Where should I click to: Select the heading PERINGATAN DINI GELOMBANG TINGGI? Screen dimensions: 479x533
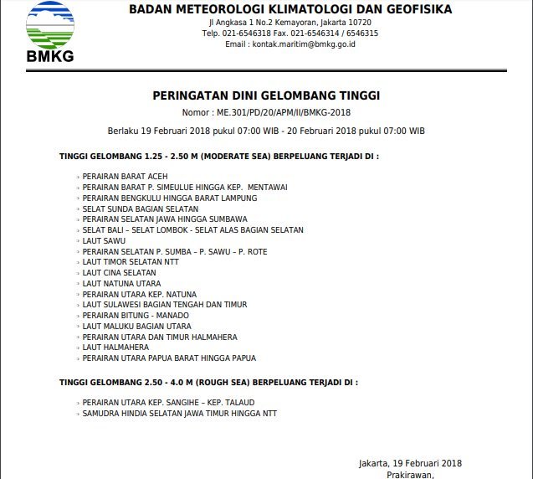tap(266, 96)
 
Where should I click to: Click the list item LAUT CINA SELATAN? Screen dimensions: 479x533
tap(119, 273)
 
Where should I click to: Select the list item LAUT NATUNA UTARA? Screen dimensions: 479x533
tap(121, 284)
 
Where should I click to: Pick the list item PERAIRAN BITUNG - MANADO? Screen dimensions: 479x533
tap(136, 316)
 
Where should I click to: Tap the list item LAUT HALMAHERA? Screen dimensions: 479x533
tap(115, 348)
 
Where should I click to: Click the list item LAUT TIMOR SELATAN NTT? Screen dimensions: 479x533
tap(131, 262)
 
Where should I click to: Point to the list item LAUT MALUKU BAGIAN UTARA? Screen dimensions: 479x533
tap(136, 327)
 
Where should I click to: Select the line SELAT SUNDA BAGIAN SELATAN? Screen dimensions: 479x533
tap(141, 209)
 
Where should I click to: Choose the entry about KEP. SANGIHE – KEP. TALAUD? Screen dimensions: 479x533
tap(168, 403)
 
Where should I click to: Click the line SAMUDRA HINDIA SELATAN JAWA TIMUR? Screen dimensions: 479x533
tap(179, 414)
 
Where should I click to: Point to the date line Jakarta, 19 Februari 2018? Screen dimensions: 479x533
tap(410, 463)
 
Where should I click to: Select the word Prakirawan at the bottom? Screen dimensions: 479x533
tap(410, 474)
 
